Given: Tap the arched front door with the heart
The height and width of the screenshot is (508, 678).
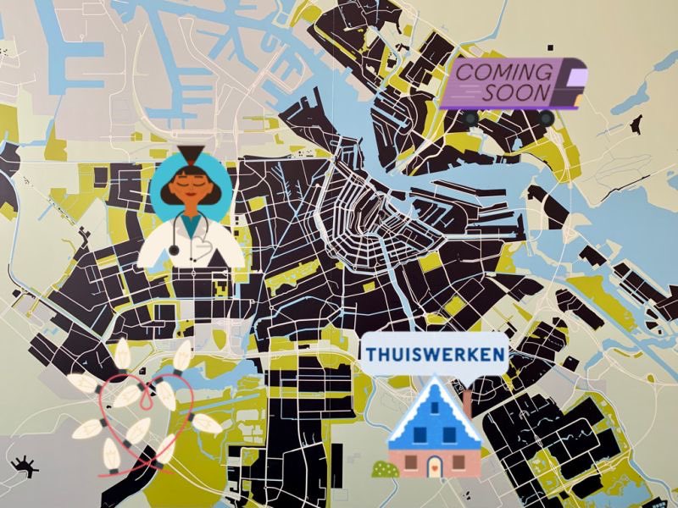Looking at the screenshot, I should (x=434, y=467).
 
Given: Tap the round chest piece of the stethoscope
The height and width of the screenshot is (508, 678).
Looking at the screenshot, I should (x=174, y=249).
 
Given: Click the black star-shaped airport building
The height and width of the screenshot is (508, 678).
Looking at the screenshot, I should (x=24, y=464).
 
